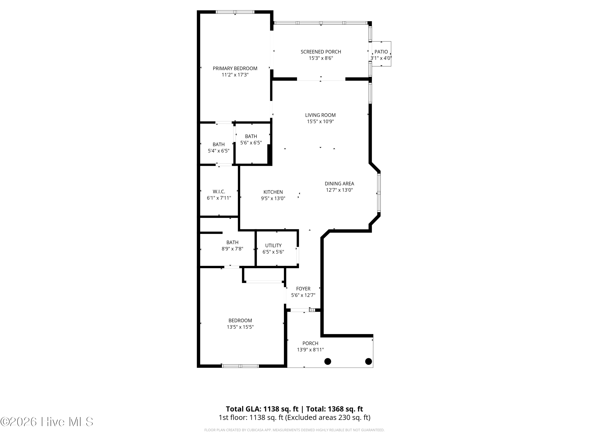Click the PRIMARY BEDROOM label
[235, 69]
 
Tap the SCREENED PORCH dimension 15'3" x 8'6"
[321, 58]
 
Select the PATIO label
[381, 52]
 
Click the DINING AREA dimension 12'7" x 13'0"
[339, 190]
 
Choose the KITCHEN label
[273, 192]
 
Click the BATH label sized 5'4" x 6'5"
[218, 144]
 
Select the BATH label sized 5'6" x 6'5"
[251, 136]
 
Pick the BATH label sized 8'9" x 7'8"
[232, 242]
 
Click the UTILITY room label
[273, 246]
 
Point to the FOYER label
[303, 289]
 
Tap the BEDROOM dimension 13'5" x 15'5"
[240, 327]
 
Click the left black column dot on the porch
[327, 361]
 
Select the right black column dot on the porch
[368, 361]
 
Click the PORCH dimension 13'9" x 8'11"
[310, 350]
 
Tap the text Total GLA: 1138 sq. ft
[262, 409]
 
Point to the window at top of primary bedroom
[235, 12]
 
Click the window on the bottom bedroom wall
[240, 366]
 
